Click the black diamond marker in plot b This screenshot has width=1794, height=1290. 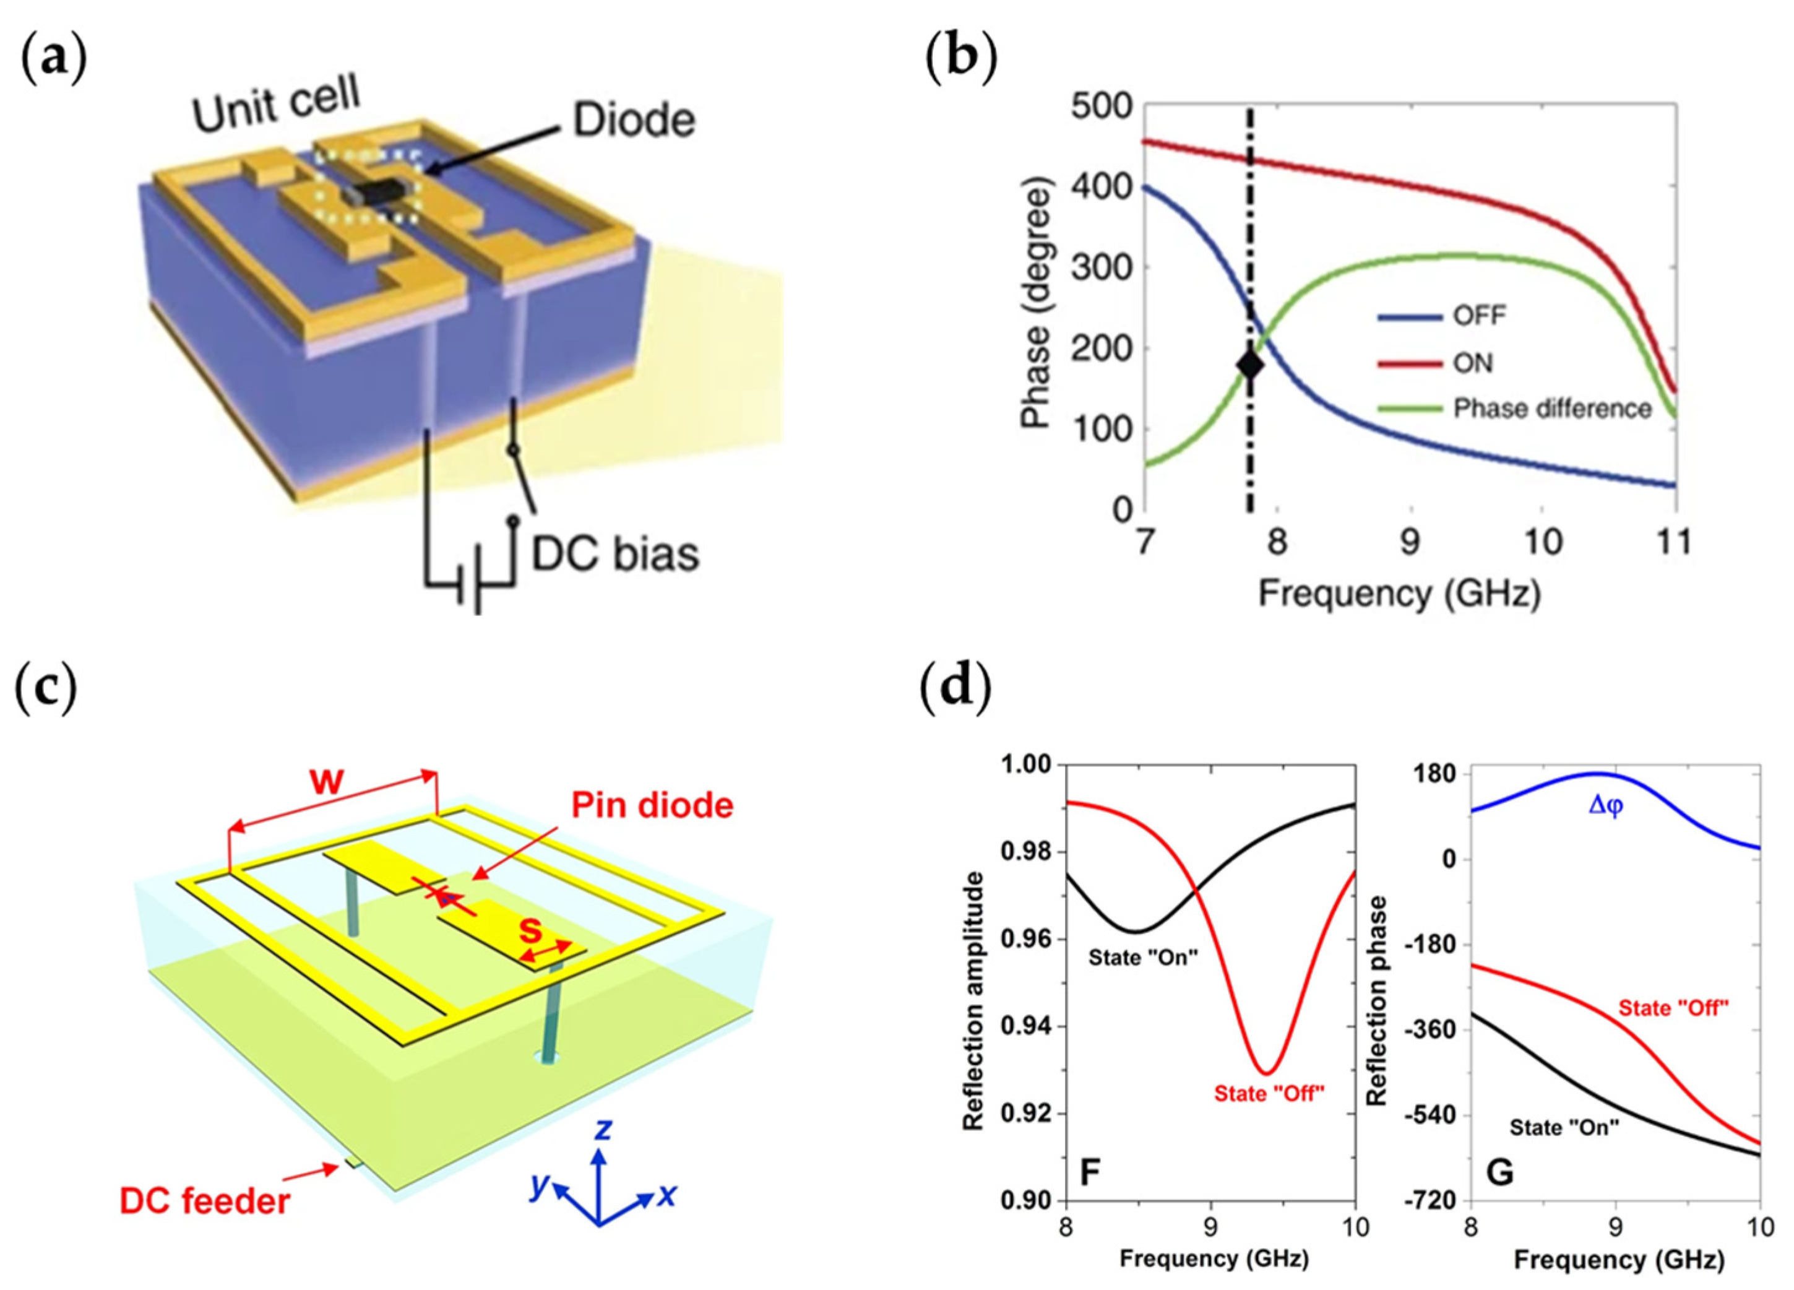tap(1250, 365)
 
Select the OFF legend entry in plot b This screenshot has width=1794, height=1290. tap(1478, 316)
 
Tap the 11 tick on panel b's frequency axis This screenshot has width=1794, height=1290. tap(1674, 542)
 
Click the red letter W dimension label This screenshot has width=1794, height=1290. tap(327, 781)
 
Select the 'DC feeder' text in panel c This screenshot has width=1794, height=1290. tap(205, 1201)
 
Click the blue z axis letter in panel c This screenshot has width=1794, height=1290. tap(603, 1129)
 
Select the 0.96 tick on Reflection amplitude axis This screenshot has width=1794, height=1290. tap(1026, 940)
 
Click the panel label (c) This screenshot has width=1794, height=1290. tap(46, 688)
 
